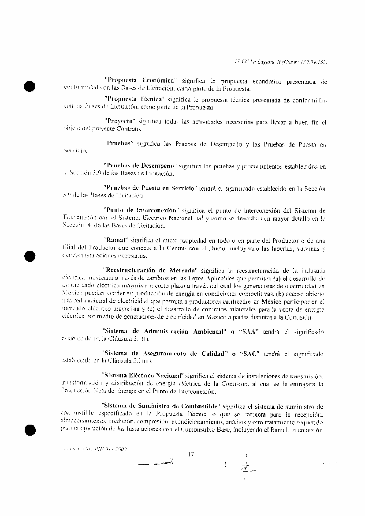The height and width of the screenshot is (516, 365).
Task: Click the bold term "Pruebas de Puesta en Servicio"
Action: click(149, 188)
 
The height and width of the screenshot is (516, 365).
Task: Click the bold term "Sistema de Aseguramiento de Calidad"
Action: click(161, 353)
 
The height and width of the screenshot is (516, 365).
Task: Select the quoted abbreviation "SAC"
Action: click(250, 353)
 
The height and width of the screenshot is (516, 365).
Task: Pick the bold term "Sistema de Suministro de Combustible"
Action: click(160, 405)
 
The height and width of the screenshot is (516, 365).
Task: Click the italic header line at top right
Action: click(279, 62)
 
